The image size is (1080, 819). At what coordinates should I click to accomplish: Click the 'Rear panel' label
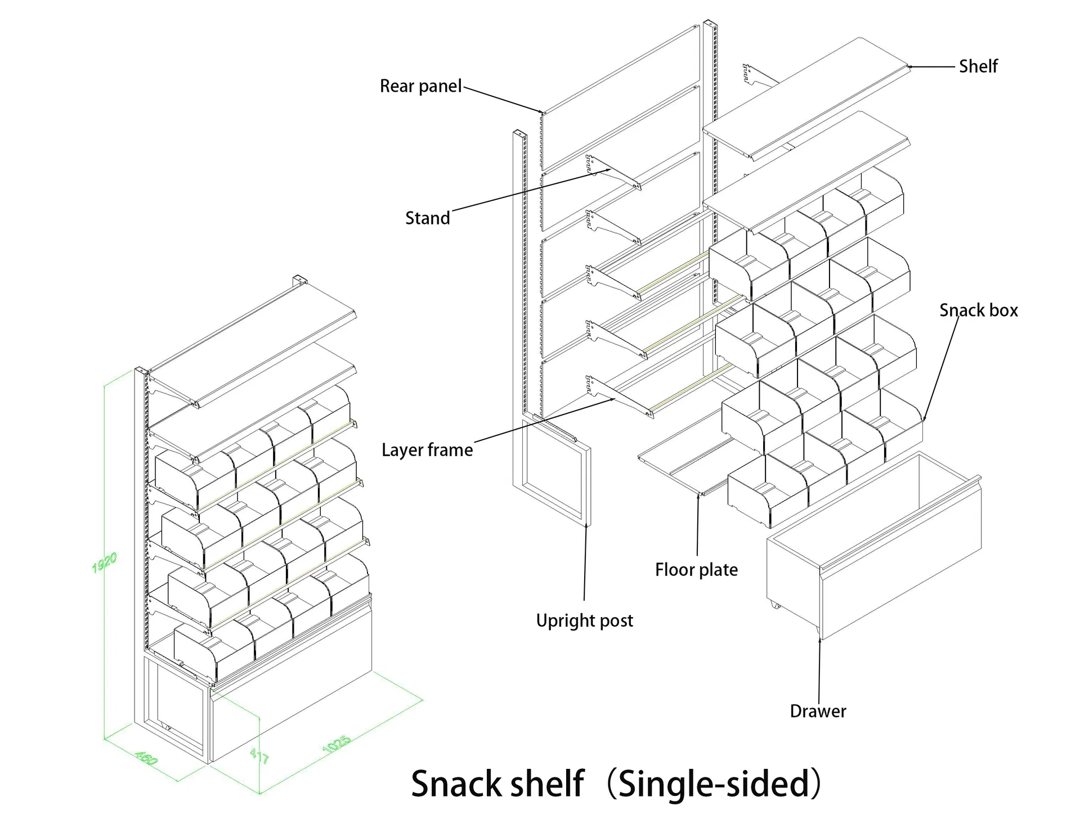tap(420, 86)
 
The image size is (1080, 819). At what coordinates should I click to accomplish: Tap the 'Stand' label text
tap(427, 218)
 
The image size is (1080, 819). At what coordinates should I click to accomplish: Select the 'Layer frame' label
tap(427, 450)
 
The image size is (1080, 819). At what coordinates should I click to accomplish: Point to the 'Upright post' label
tap(584, 620)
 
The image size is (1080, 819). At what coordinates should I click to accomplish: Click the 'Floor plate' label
tap(696, 570)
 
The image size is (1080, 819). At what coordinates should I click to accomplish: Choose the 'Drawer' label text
tap(818, 711)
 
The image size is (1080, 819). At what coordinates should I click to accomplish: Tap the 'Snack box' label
tap(978, 310)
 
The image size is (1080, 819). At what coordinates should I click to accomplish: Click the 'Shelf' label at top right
tap(978, 66)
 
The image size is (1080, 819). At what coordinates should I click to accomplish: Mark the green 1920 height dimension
tap(105, 562)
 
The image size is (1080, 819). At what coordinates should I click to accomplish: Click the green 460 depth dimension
tap(146, 758)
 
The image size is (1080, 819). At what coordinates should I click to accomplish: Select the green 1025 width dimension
tap(337, 744)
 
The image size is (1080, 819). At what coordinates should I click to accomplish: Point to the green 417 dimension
tap(259, 755)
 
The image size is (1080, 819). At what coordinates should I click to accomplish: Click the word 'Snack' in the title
tap(456, 784)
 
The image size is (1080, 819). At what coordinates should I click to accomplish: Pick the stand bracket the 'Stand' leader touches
tap(613, 172)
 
